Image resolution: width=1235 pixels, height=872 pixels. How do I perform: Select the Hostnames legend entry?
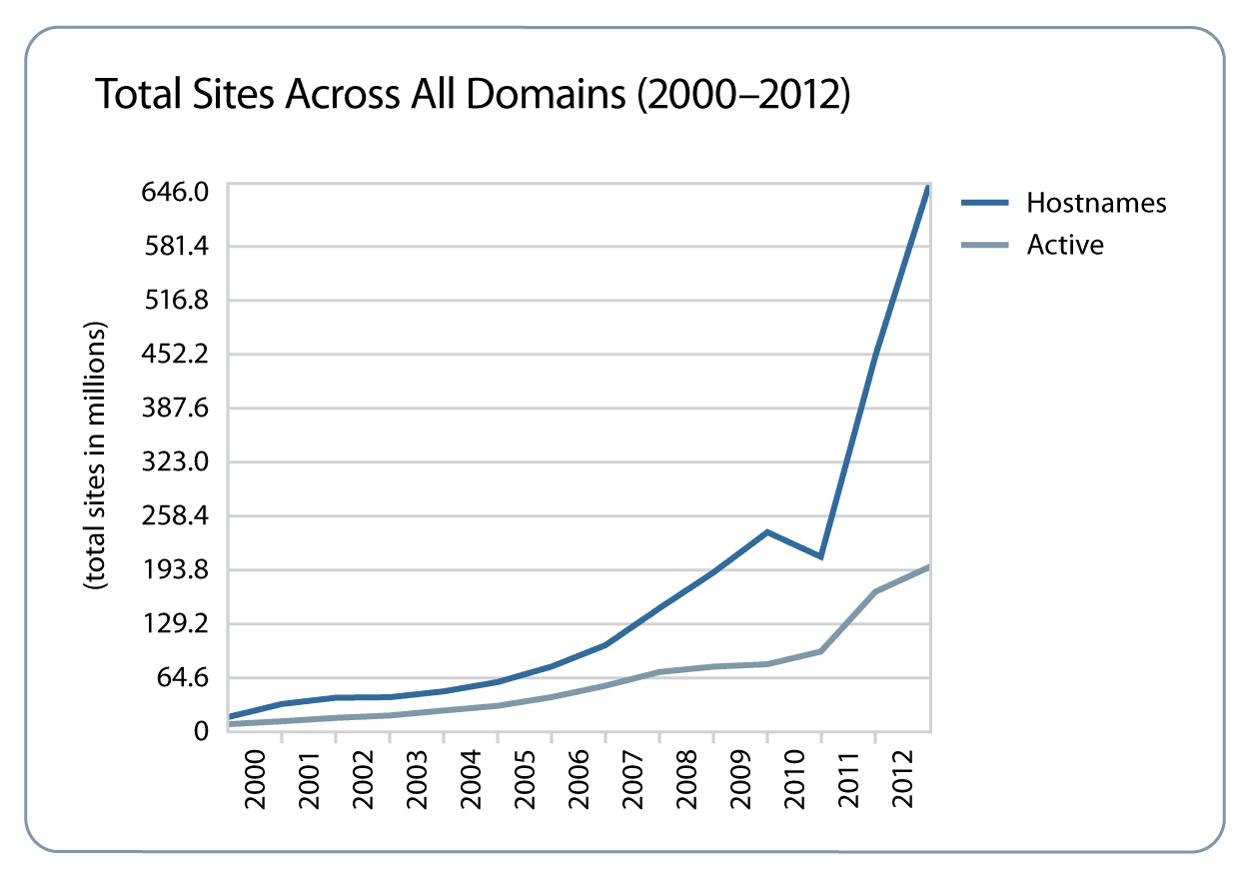tap(1096, 203)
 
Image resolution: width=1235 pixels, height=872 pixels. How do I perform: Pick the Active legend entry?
tap(1065, 245)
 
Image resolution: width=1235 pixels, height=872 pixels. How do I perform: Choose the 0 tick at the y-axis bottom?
tap(201, 732)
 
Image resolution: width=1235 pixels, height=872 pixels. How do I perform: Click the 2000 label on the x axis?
tap(255, 778)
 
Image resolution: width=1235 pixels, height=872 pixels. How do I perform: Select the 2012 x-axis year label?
tap(902, 778)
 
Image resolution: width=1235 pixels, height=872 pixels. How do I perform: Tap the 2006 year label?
tap(579, 778)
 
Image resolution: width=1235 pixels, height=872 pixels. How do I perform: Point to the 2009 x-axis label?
tap(740, 778)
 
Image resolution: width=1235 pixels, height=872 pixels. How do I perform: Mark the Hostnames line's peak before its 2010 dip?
tap(767, 531)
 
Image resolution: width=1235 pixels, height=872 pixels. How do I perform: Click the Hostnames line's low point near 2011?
tap(820, 556)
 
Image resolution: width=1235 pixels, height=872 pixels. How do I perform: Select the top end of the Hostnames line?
tap(928, 188)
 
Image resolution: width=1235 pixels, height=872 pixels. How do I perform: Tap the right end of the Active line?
tap(928, 567)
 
